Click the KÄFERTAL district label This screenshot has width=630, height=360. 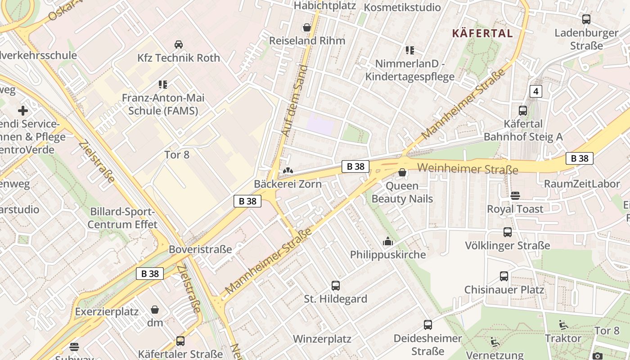click(x=482, y=33)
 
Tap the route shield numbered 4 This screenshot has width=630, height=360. click(x=535, y=91)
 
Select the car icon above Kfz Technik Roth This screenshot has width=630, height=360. click(x=179, y=44)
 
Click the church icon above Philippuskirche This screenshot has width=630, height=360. click(x=387, y=242)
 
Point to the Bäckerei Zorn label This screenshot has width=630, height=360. click(x=288, y=184)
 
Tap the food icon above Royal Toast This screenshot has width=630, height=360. click(x=515, y=196)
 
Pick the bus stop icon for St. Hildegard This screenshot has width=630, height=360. click(x=336, y=285)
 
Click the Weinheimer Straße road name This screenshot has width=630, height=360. click(x=468, y=169)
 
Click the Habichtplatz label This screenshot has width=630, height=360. click(x=324, y=6)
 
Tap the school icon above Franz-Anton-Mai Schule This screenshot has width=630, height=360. click(x=163, y=84)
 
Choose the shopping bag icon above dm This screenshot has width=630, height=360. click(x=155, y=310)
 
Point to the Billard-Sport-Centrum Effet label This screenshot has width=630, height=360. click(x=123, y=218)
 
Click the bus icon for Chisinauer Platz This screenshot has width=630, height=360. click(x=504, y=276)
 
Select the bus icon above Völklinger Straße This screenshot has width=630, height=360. click(x=508, y=232)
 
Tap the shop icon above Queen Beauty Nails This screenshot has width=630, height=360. click(x=402, y=172)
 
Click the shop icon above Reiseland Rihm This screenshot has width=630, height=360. click(x=307, y=27)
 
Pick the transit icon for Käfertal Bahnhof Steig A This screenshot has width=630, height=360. click(x=523, y=110)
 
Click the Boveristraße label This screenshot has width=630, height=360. click(x=200, y=249)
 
